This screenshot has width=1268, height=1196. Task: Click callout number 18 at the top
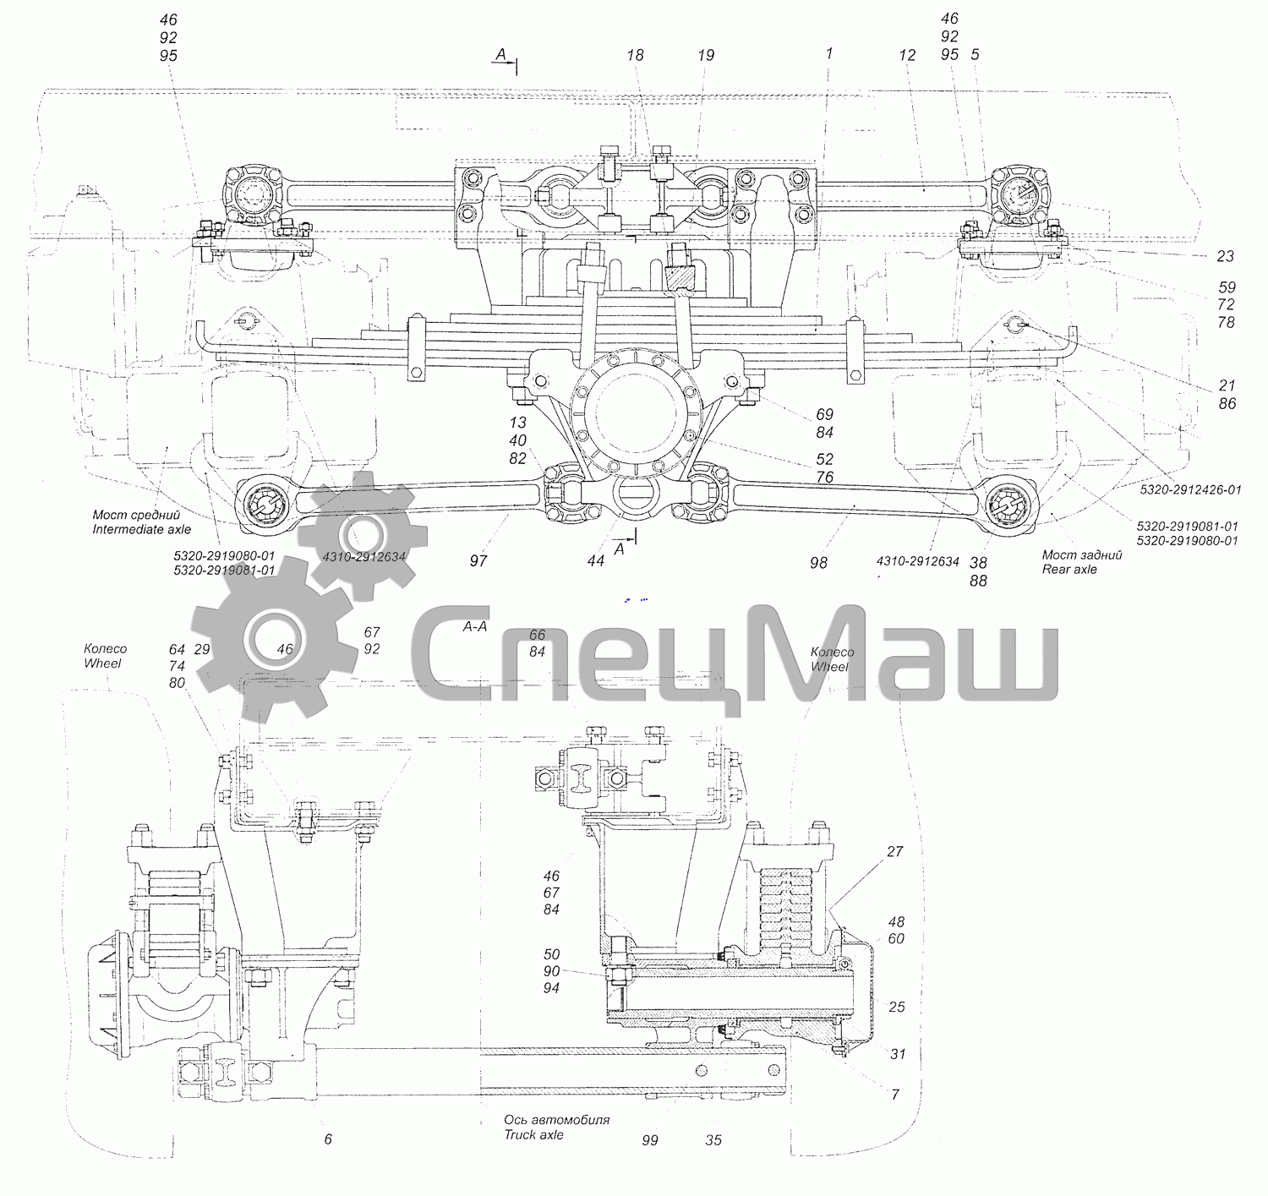pyautogui.click(x=635, y=56)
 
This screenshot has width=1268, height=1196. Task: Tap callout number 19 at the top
pyautogui.click(x=706, y=56)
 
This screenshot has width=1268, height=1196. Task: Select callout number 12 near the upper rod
pyautogui.click(x=907, y=56)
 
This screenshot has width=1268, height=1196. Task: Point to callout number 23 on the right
pyautogui.click(x=1225, y=256)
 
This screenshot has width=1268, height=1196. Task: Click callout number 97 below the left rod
pyautogui.click(x=478, y=560)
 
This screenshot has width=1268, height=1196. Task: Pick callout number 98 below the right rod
pyautogui.click(x=818, y=563)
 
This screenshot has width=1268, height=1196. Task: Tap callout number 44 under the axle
pyautogui.click(x=596, y=560)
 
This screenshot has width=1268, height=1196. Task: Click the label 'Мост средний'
pyautogui.click(x=136, y=515)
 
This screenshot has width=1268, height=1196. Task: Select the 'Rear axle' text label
pyautogui.click(x=1069, y=570)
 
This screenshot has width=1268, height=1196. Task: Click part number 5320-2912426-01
pyautogui.click(x=1191, y=489)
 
